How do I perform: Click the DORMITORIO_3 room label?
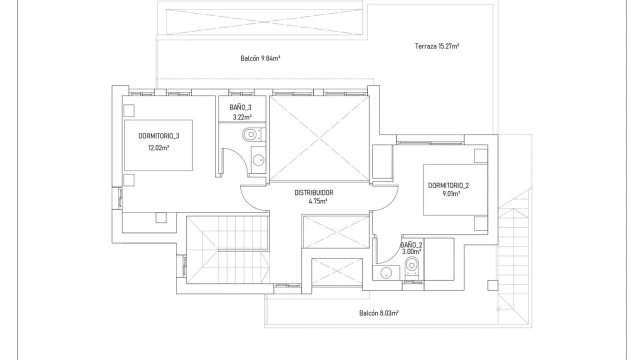(159, 136)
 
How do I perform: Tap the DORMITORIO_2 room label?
(448, 185)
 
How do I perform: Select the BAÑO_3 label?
(240, 107)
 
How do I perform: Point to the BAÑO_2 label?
(411, 245)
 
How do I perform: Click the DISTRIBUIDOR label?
(314, 193)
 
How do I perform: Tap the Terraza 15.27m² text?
(437, 46)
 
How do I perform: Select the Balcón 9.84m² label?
(260, 58)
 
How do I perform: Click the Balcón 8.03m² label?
(379, 313)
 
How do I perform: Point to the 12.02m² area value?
(159, 147)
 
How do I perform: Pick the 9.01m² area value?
(451, 194)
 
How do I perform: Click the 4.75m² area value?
(318, 201)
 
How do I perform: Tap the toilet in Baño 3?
(254, 134)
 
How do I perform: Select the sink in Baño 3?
(258, 160)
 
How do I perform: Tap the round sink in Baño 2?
(386, 273)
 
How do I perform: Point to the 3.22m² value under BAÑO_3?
(242, 117)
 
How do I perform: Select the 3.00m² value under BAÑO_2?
(411, 252)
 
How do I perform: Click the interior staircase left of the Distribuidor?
(228, 250)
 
